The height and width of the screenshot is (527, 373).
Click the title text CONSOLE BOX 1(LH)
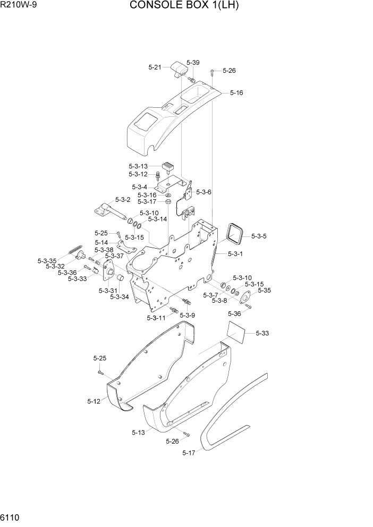click(x=184, y=6)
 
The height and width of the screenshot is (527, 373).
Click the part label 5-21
click(x=155, y=67)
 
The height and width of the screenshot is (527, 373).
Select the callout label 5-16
click(x=236, y=92)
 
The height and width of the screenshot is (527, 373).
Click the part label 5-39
click(x=193, y=63)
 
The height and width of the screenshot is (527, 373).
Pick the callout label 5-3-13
click(x=138, y=166)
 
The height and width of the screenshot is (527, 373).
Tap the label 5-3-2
click(x=123, y=200)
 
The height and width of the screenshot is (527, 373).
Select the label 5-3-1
click(x=235, y=254)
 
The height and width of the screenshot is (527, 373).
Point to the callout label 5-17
click(x=189, y=453)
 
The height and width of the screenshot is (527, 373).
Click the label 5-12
click(x=94, y=402)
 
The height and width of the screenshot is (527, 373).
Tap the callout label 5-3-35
click(x=47, y=261)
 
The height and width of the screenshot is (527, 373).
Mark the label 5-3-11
click(x=156, y=318)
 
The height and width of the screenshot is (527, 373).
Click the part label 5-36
click(x=234, y=314)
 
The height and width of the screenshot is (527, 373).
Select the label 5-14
click(x=103, y=242)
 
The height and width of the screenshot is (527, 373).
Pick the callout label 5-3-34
click(x=120, y=297)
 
